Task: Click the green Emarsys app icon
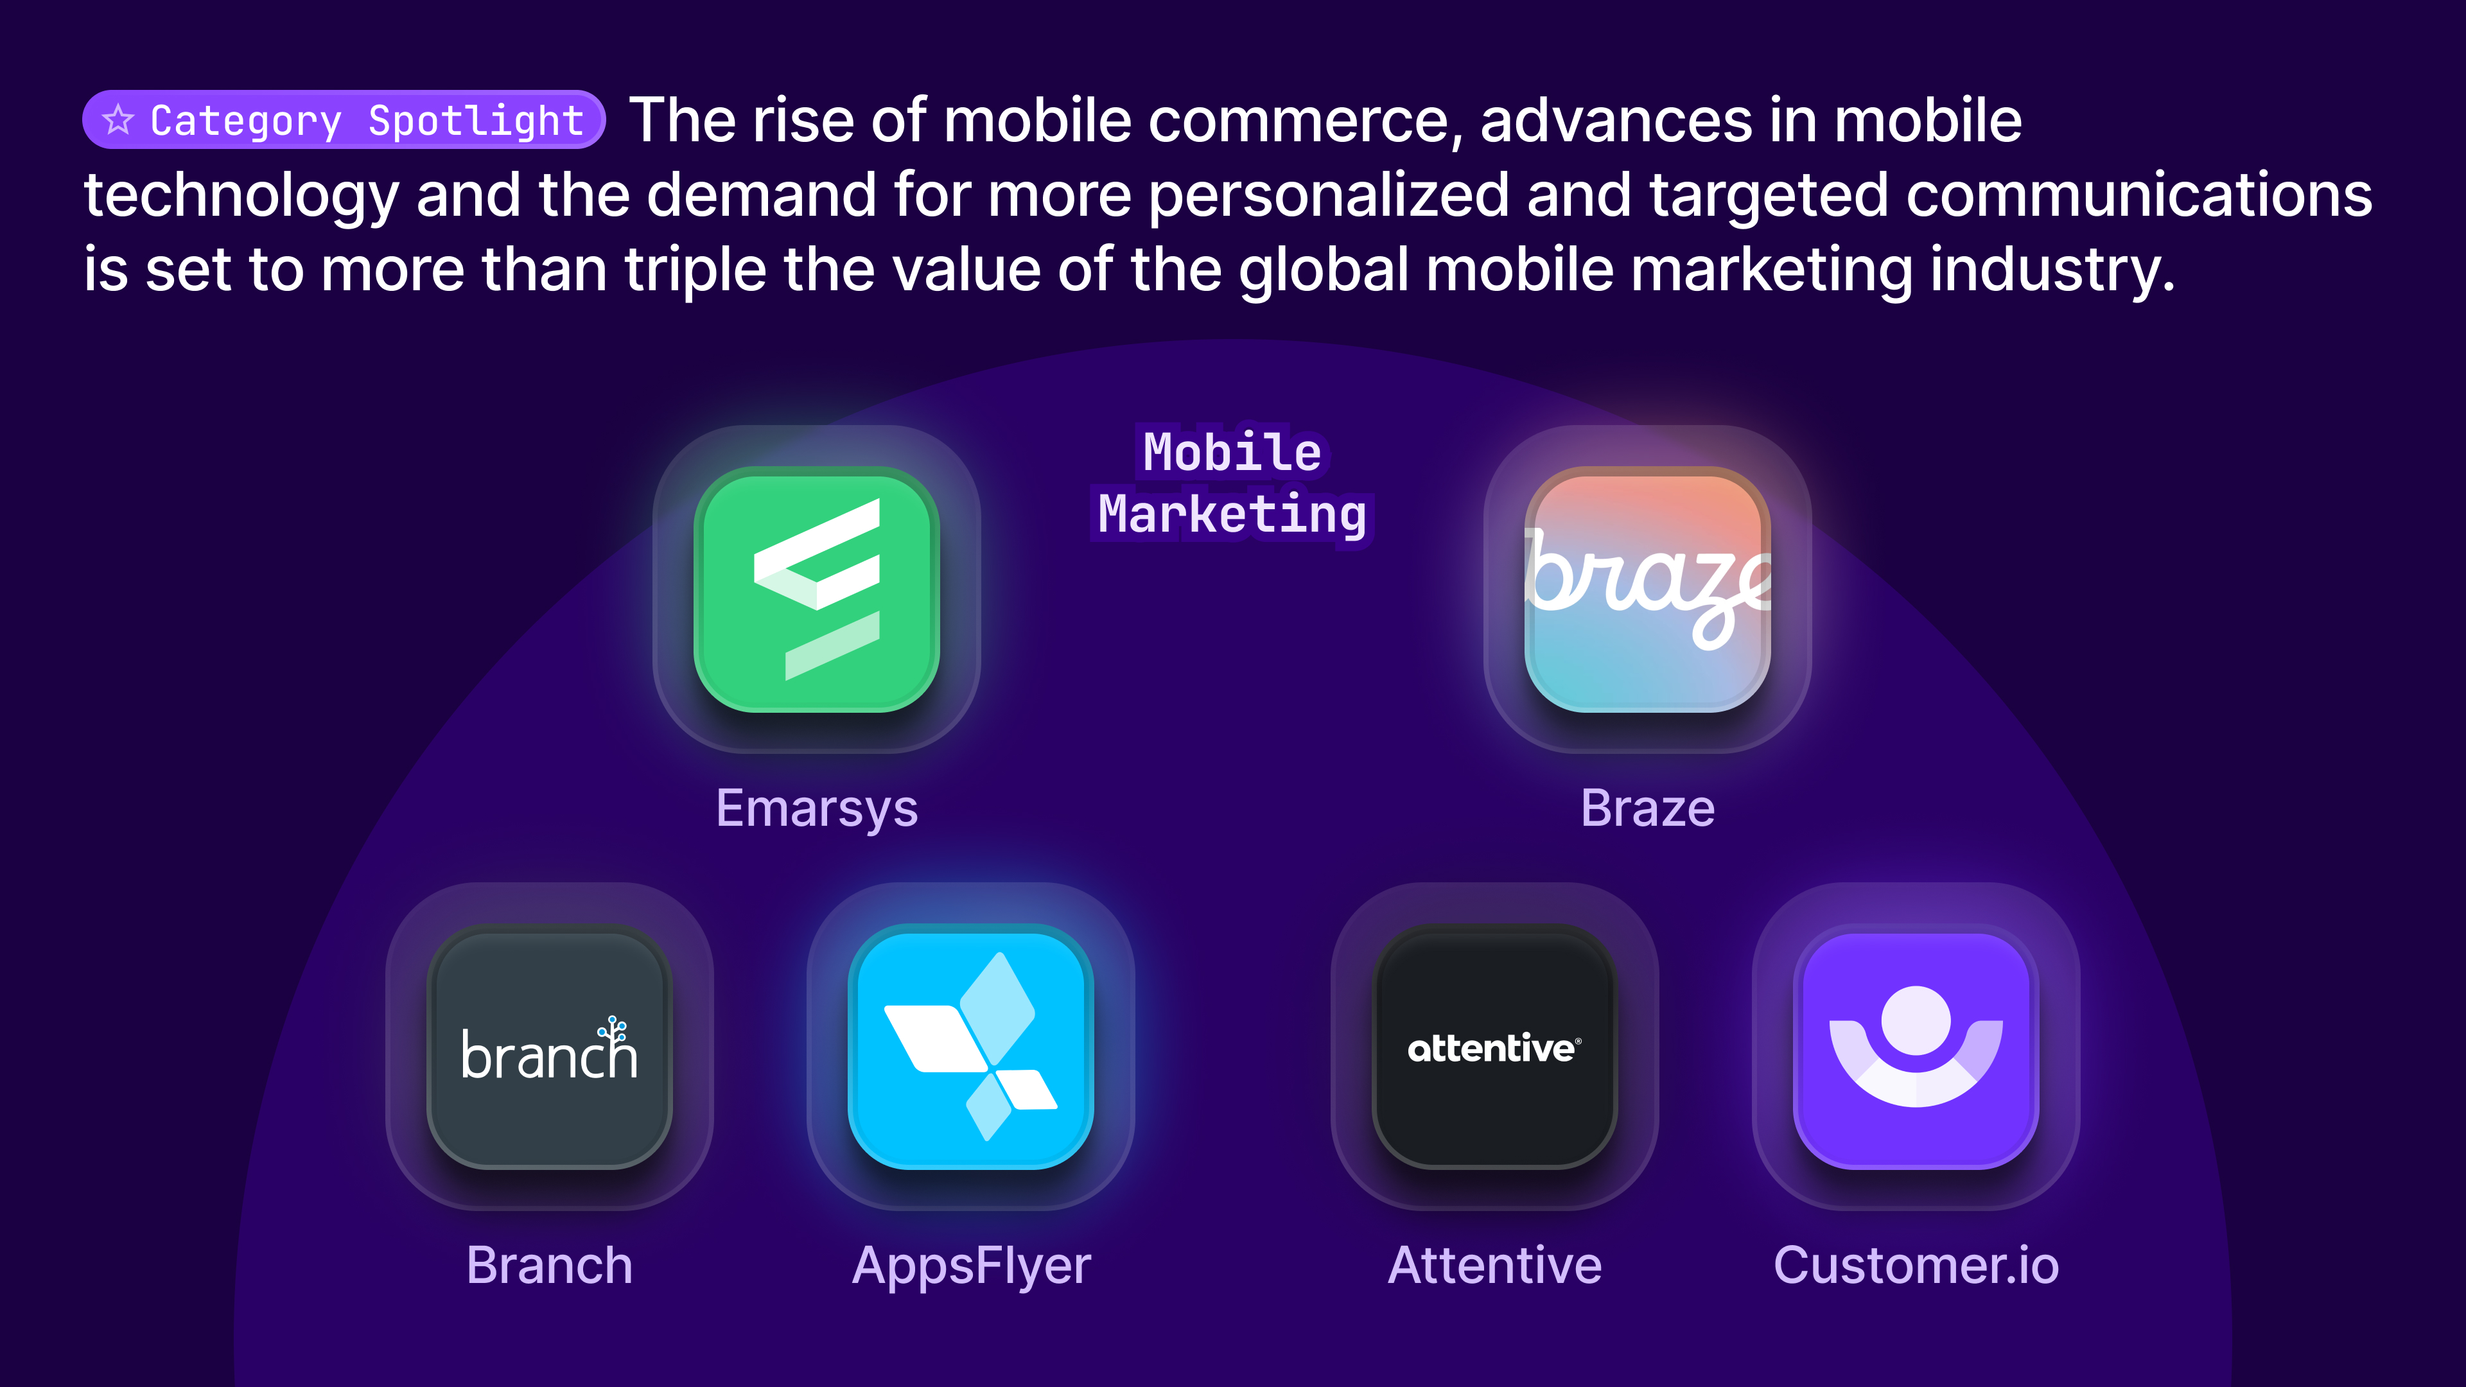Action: point(817,589)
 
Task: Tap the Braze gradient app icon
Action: point(1647,589)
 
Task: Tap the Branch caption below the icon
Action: point(550,1266)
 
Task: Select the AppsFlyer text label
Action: point(971,1266)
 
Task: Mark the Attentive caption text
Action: point(1494,1266)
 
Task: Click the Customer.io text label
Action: point(1916,1266)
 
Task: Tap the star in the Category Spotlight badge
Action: point(119,119)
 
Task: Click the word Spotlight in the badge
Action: point(476,121)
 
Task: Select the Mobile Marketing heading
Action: point(1232,484)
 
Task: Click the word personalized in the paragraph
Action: point(1328,195)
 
